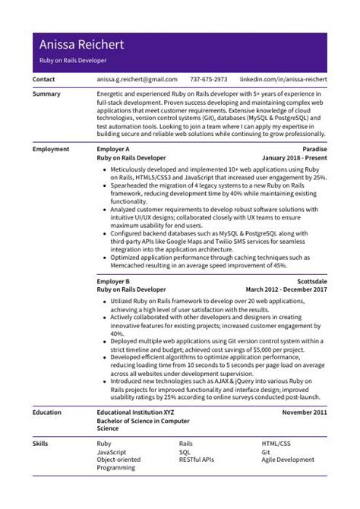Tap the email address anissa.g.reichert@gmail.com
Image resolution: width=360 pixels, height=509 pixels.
click(x=137, y=79)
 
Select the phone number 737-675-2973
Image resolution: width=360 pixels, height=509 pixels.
click(x=208, y=79)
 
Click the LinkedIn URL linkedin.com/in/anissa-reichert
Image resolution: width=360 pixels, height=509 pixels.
click(x=283, y=79)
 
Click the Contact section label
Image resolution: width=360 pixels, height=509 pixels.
click(x=45, y=79)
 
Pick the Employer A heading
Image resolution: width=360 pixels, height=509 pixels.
click(x=113, y=150)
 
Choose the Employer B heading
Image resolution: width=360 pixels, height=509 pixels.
click(x=113, y=281)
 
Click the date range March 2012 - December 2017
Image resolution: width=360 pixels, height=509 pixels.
click(x=286, y=289)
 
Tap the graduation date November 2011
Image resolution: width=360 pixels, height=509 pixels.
click(x=304, y=413)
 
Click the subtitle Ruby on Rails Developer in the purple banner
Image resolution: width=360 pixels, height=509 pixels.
click(x=73, y=59)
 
